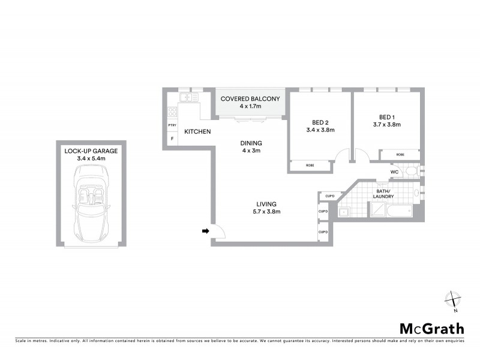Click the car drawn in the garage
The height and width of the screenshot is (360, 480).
91,202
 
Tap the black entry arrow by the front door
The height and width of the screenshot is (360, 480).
205,230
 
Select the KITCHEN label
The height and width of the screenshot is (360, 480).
197,131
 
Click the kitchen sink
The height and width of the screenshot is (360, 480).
189,97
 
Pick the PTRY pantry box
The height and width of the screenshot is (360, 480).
172,125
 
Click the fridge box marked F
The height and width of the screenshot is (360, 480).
172,139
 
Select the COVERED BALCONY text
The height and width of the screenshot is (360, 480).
250,98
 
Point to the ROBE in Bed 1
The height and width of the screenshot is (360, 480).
400,155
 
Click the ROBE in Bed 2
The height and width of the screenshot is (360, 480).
310,165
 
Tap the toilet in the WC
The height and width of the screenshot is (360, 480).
411,172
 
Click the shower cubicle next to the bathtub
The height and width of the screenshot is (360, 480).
378,209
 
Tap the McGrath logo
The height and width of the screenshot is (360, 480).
431,328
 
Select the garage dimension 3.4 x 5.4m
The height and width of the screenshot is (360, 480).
91,159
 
